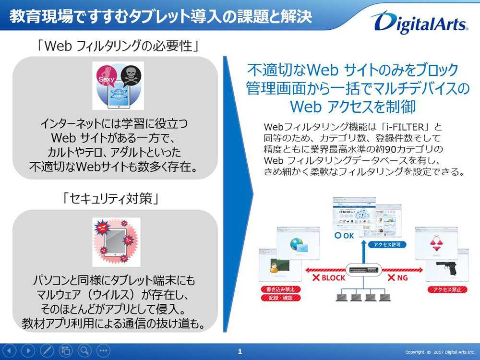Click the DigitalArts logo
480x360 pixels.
[x=419, y=22]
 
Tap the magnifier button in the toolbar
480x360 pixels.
[x=84, y=350]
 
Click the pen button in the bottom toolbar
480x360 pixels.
[x=47, y=350]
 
